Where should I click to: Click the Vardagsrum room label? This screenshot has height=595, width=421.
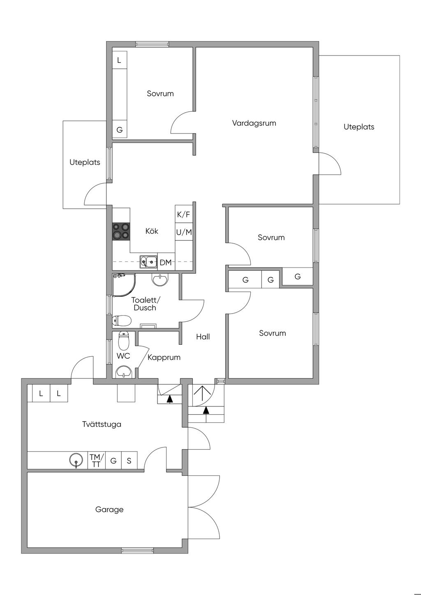(254, 123)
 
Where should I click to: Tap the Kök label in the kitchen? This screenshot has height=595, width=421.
(152, 231)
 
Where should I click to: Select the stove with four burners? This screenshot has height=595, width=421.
(121, 231)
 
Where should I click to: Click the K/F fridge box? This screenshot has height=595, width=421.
(184, 214)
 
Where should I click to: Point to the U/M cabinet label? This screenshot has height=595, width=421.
(184, 233)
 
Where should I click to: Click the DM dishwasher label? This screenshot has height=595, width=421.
(166, 263)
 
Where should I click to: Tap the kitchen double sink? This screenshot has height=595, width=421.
(148, 262)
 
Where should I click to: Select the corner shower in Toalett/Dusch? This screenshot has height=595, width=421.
(124, 285)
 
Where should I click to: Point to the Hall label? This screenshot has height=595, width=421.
(203, 337)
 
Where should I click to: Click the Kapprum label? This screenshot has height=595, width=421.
(164, 357)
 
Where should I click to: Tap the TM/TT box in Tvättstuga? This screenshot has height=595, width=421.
(96, 460)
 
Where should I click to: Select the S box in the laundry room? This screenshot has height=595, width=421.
(129, 460)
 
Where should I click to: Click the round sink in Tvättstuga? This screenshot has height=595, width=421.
(76, 460)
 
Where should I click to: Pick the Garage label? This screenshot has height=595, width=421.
(109, 510)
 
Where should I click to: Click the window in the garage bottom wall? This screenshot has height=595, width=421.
(137, 551)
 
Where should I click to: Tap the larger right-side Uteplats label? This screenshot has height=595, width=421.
(359, 127)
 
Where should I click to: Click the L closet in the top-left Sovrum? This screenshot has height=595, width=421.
(119, 60)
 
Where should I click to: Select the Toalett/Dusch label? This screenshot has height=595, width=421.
(146, 304)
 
